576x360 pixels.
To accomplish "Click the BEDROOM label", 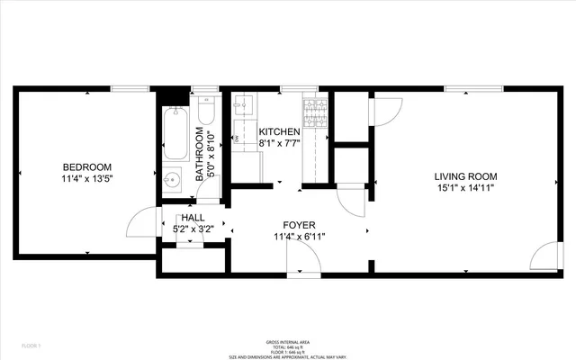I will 86,166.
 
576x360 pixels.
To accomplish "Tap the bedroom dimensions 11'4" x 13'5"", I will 86,178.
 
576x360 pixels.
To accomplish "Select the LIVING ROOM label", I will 465,176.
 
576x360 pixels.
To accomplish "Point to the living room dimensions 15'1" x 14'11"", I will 465,188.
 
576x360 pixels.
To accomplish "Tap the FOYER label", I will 299,225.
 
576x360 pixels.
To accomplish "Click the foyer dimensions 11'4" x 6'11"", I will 299,237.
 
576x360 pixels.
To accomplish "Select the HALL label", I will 193,218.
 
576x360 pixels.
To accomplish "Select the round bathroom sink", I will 174,179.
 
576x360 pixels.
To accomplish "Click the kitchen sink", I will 240,109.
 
